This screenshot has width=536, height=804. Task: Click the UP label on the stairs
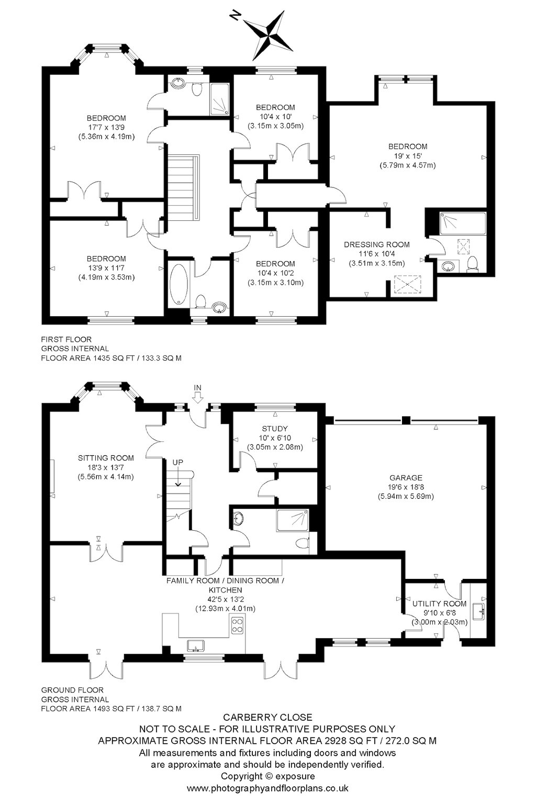click(178, 463)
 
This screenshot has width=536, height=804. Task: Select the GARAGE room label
click(406, 478)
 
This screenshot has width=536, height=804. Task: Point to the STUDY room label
click(275, 429)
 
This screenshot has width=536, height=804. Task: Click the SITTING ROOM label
click(106, 458)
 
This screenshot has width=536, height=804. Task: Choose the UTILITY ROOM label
click(439, 604)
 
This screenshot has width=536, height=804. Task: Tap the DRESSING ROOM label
click(376, 245)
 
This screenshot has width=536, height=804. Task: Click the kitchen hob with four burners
click(237, 626)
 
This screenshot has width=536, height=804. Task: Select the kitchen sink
click(196, 646)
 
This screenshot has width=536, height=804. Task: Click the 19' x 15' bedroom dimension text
click(408, 156)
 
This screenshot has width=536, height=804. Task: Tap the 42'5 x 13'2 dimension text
click(225, 599)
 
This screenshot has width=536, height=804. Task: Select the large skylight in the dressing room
click(407, 285)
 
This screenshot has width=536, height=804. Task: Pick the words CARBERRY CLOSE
click(268, 717)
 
